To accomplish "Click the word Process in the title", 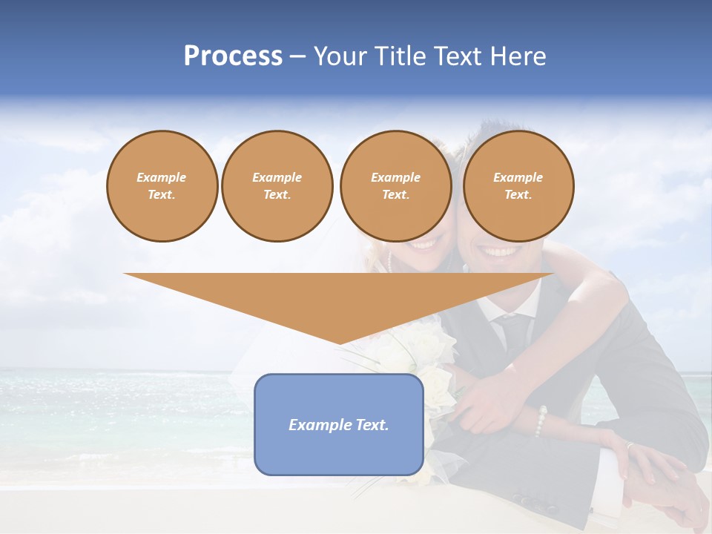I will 233,56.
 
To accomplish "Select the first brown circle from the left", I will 162,186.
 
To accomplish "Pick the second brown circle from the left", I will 277,186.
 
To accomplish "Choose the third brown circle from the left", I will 395,186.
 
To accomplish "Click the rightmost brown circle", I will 518,186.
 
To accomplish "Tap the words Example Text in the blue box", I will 338,425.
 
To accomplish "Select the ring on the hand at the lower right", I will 630,446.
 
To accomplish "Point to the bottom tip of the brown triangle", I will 339,343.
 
